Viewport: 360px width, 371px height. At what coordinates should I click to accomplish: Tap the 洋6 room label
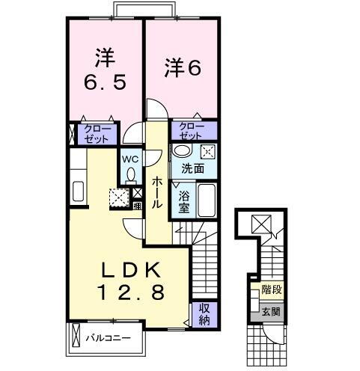coord(183,68)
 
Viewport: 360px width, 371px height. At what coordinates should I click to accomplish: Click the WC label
coord(129,159)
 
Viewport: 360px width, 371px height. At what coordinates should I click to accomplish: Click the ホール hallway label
coord(157,191)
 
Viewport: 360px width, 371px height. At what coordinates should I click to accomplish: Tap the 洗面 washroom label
coord(192,168)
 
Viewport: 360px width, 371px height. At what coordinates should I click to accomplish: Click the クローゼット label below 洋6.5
coord(100,135)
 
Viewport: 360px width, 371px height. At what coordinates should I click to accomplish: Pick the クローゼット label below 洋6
coord(191,131)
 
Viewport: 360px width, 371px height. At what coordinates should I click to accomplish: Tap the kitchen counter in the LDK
coord(78,191)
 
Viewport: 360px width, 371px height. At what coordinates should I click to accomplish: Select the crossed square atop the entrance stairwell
coord(260,224)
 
